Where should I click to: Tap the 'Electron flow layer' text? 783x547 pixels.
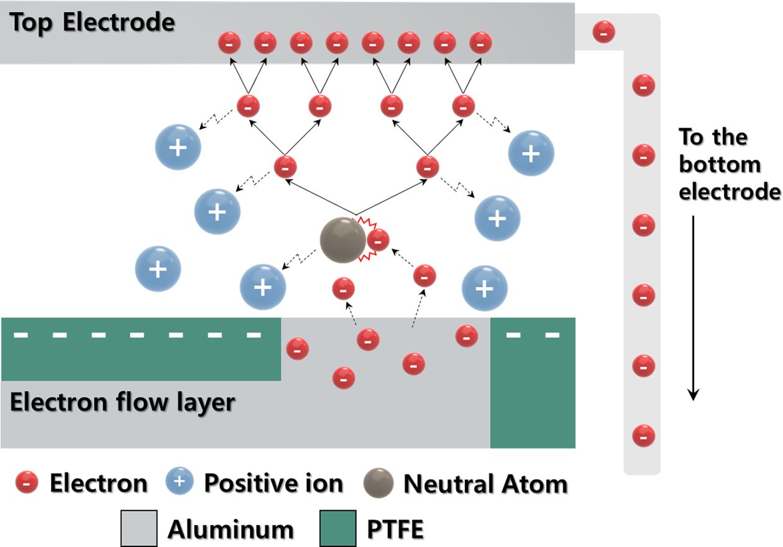122,402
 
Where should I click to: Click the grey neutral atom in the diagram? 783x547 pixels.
342,239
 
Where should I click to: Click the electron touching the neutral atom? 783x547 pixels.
378,239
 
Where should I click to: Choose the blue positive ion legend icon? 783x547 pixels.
179,483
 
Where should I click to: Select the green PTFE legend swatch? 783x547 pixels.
338,528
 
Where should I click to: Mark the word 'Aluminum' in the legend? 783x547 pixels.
231,529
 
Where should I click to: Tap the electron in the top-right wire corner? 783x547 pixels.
604,32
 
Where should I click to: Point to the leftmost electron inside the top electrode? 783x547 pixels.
229,44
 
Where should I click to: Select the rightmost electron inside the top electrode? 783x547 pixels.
480,44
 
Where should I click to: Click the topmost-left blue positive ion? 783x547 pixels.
178,148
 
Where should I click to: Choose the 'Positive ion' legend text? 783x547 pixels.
273,484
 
